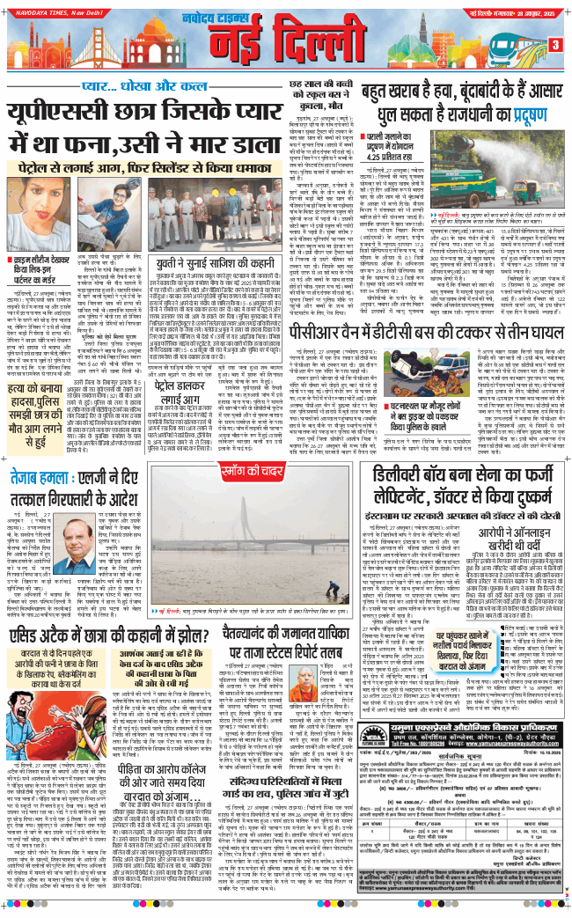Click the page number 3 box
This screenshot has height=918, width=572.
point(555,45)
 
